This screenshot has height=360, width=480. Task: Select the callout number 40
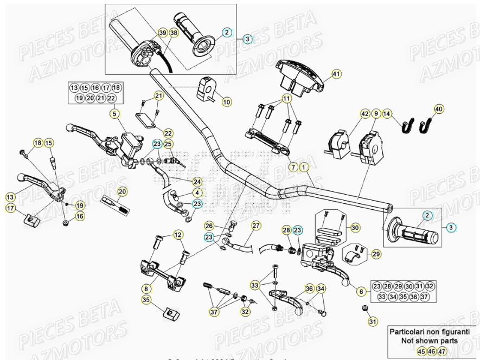pyautogui.click(x=439, y=109)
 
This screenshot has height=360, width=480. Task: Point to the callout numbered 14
pyautogui.click(x=387, y=114)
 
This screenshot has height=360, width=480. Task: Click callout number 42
pyautogui.click(x=365, y=114)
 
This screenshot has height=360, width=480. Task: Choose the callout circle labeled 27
pyautogui.click(x=255, y=226)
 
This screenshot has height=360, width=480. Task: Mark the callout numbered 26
pyautogui.click(x=209, y=226)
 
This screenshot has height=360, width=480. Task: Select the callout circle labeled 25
pyautogui.click(x=168, y=144)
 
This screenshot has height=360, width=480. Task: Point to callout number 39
pyautogui.click(x=162, y=33)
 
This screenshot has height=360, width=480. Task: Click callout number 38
pyautogui.click(x=173, y=33)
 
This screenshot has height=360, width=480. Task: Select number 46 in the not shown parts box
pyautogui.click(x=431, y=351)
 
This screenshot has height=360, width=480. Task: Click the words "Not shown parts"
pyautogui.click(x=429, y=341)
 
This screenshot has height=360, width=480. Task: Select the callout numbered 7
pyautogui.click(x=293, y=167)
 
